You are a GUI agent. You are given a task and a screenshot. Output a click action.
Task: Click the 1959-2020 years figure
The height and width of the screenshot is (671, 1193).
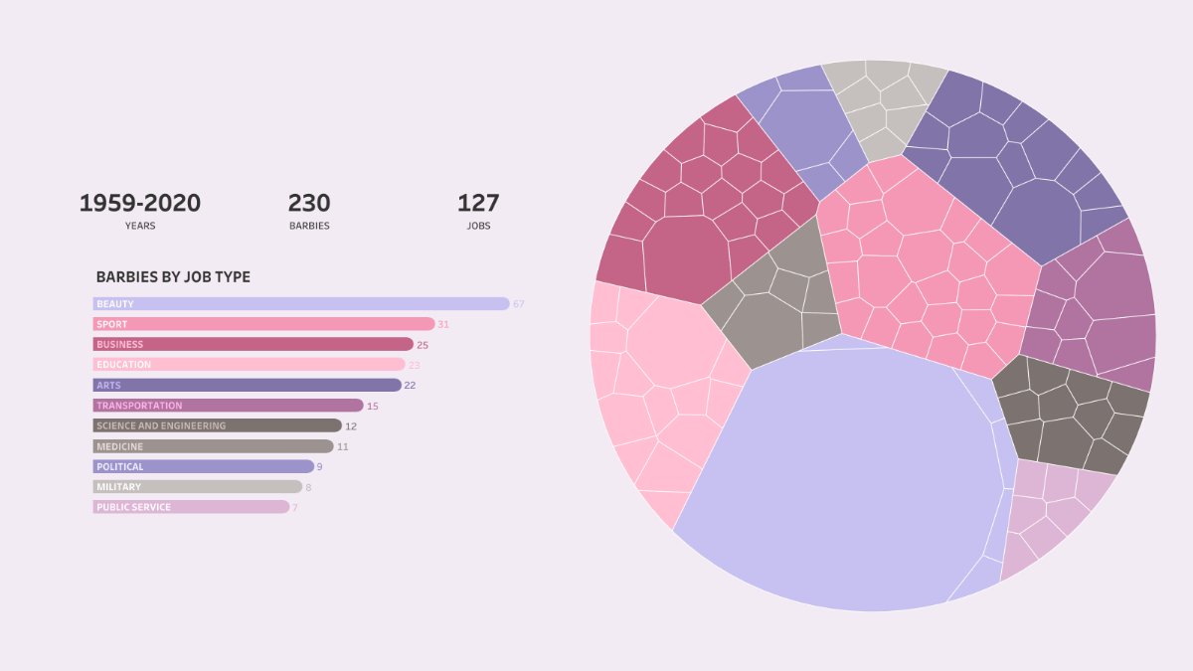(140, 204)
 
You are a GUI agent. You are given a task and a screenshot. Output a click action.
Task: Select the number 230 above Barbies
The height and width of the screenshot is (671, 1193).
(309, 204)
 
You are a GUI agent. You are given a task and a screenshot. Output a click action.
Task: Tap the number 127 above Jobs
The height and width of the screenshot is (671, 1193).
(478, 204)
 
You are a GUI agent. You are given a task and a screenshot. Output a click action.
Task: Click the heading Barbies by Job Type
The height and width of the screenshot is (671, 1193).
(173, 277)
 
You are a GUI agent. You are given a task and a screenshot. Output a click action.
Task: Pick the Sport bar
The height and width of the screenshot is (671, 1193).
(263, 324)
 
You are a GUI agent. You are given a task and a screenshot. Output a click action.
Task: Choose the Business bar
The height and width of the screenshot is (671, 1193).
(253, 344)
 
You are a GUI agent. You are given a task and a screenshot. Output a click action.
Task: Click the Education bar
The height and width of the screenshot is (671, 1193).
(249, 365)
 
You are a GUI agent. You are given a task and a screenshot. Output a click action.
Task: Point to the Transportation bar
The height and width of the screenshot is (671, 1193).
(228, 406)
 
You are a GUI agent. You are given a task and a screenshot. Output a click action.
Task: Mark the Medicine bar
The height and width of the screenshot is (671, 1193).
(213, 446)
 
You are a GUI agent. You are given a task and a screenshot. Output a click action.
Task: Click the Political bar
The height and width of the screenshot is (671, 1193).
(203, 466)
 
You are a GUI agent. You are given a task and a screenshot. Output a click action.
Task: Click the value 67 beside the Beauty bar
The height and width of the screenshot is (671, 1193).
(518, 304)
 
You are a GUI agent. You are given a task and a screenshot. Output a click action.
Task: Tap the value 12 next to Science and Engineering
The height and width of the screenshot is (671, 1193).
(351, 426)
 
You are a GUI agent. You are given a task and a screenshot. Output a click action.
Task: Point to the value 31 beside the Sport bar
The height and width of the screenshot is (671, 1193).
(443, 324)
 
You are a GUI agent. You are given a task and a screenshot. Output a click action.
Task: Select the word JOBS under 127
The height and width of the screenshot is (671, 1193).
(478, 226)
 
